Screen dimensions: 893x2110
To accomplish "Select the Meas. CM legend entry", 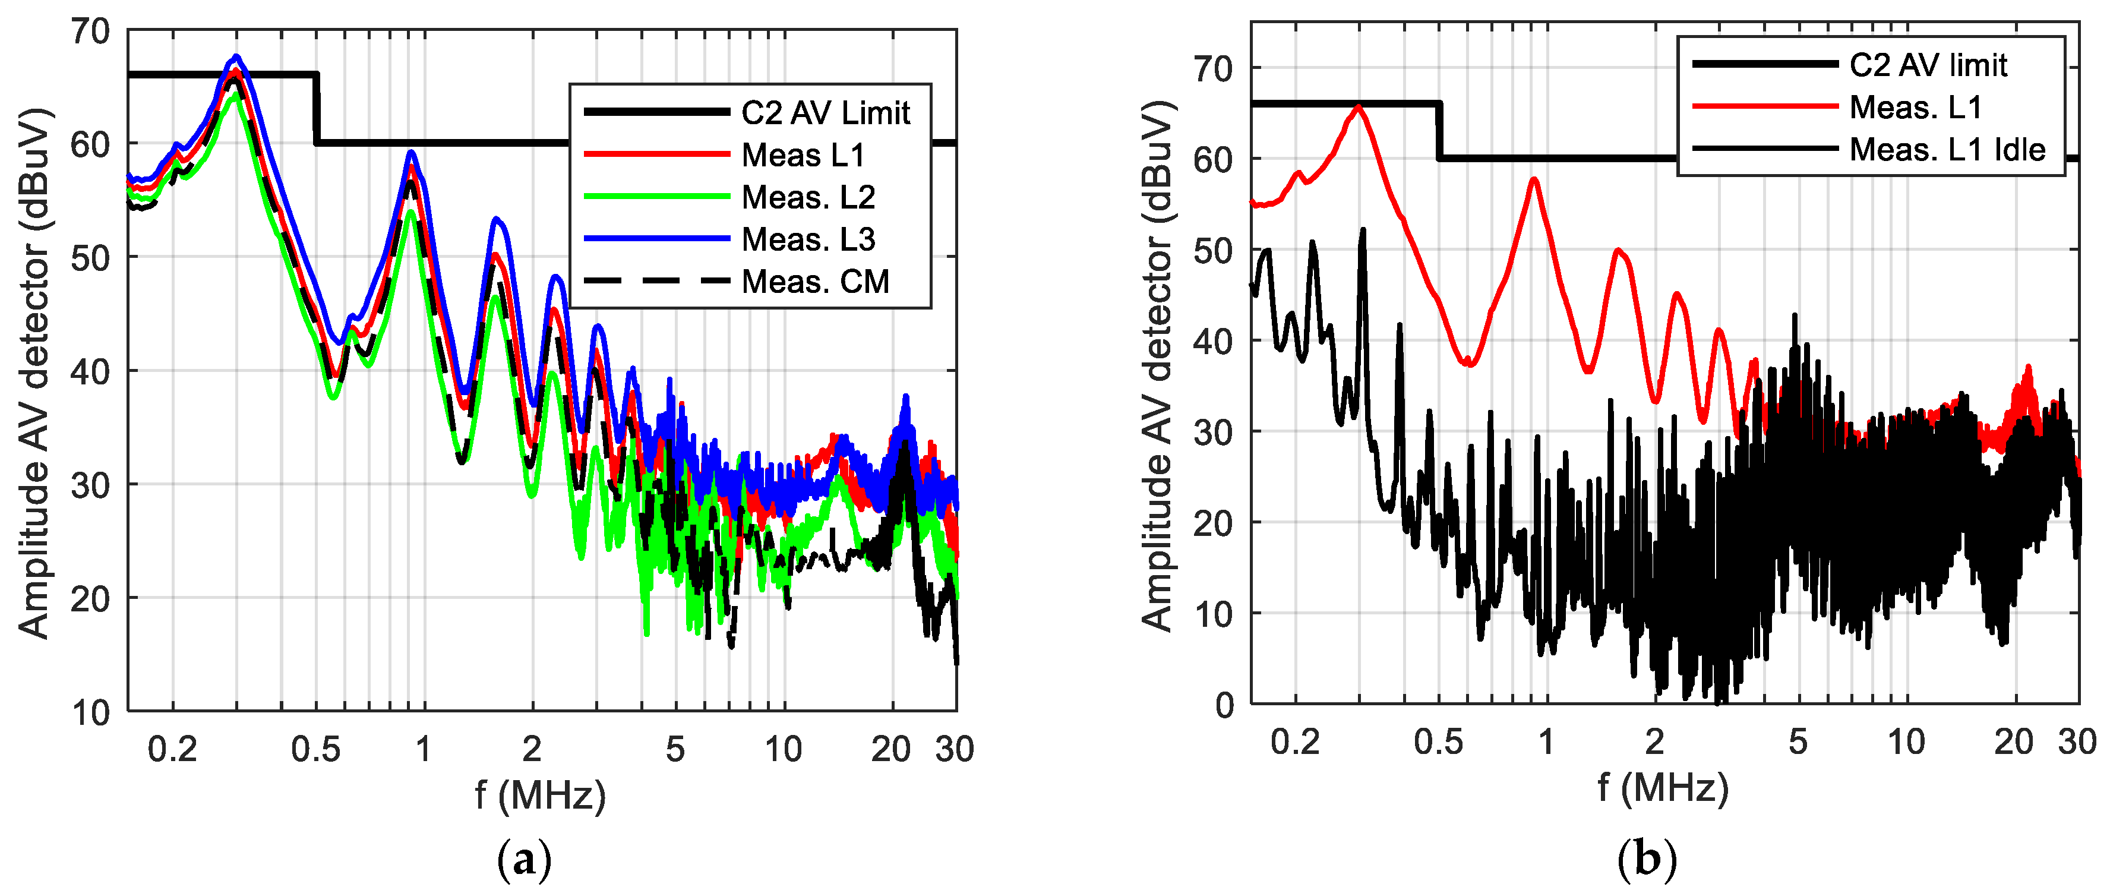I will tap(815, 282).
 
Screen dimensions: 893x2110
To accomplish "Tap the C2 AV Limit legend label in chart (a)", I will tap(825, 113).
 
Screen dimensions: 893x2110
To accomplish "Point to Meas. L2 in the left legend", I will tap(808, 197).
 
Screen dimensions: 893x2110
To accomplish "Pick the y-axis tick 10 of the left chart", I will tap(90, 713).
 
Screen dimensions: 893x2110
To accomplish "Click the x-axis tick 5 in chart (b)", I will tap(1798, 742).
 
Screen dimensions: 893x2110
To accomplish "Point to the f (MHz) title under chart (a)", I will tap(541, 795).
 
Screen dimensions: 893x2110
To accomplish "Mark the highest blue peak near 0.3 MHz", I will tap(236, 56).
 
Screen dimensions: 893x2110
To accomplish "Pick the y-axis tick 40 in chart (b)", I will tap(1213, 341).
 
